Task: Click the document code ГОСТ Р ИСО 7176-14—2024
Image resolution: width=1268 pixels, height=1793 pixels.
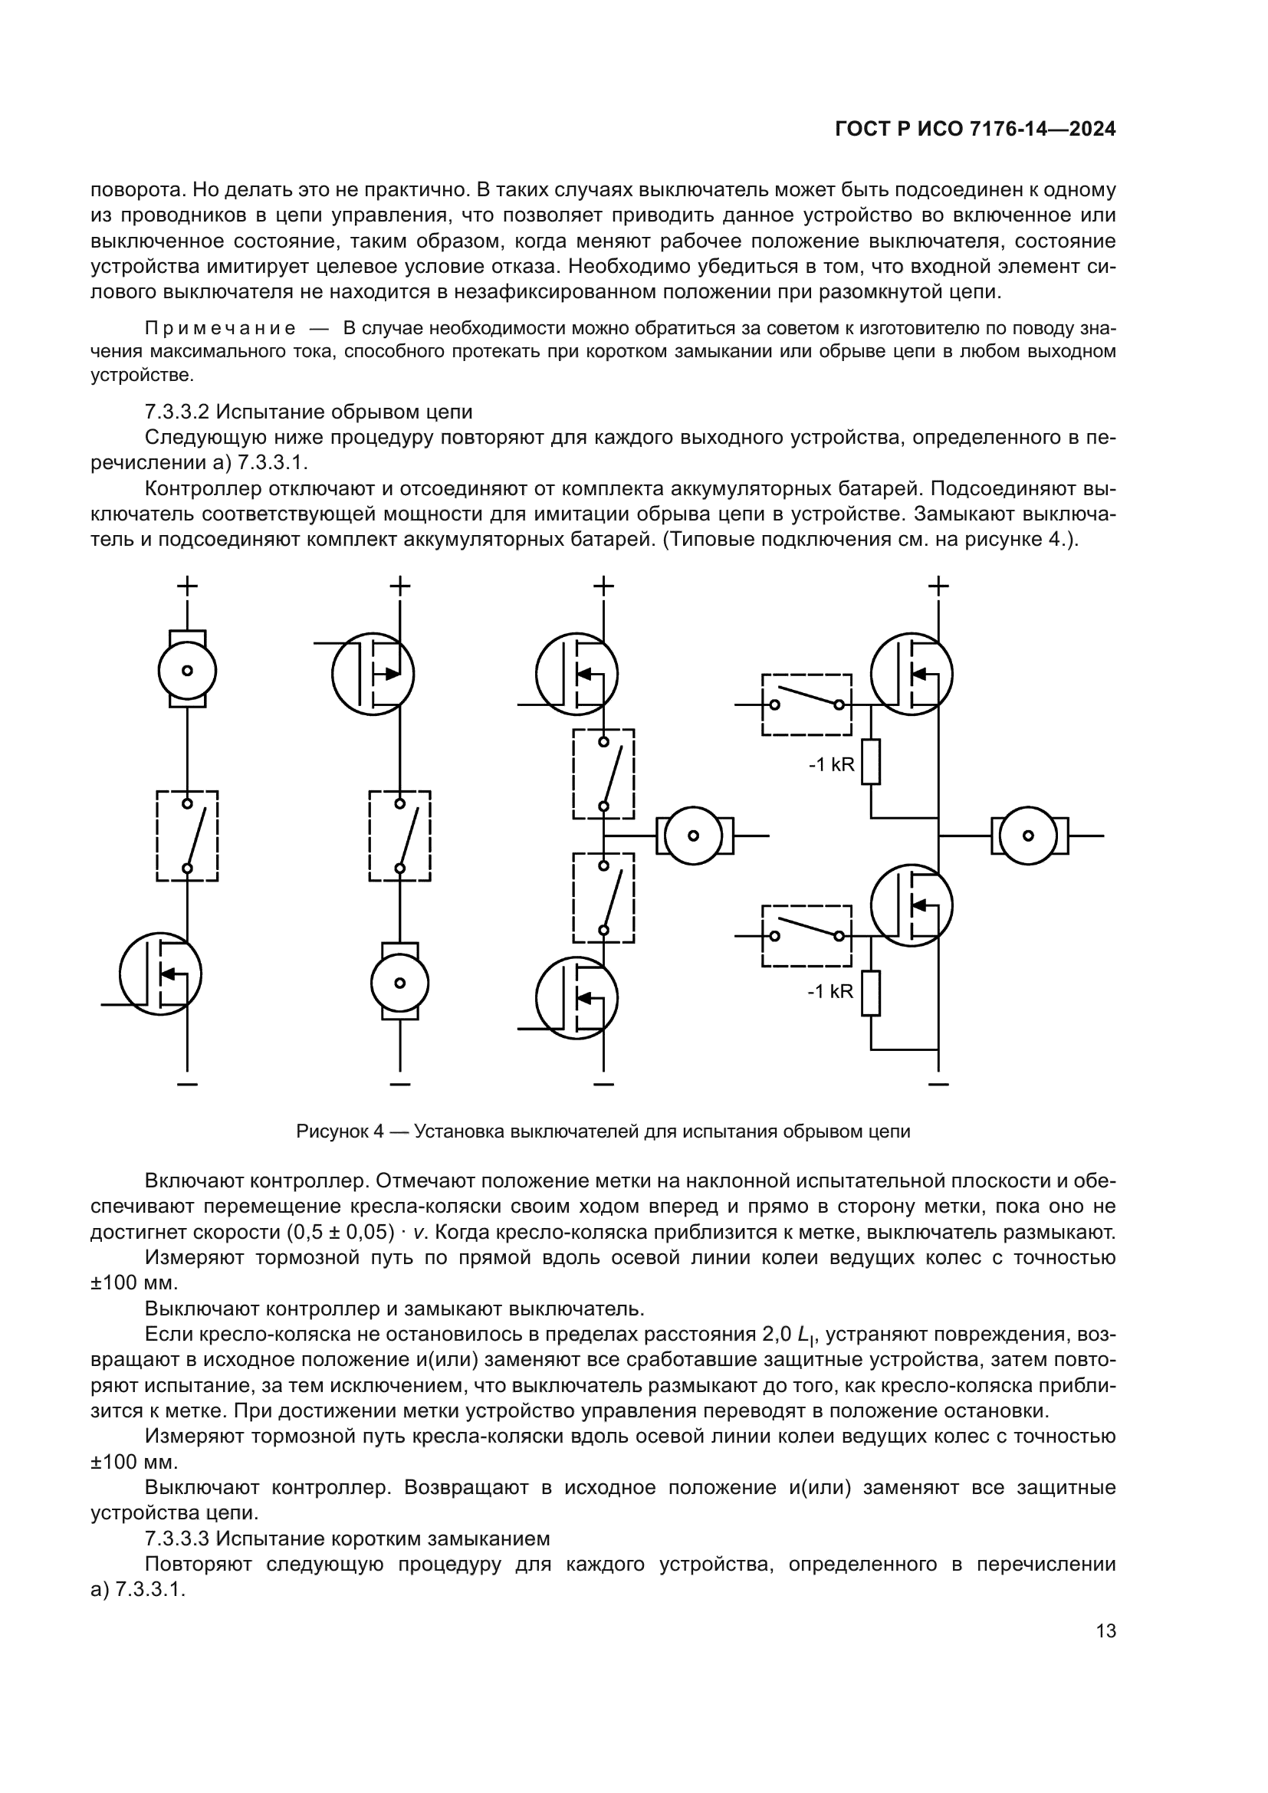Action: point(975,130)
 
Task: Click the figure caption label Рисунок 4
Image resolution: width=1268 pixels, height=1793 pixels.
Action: point(340,1131)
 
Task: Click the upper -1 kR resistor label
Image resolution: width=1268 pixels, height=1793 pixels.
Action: point(832,764)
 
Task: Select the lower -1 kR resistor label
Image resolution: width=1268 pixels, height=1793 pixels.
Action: point(830,992)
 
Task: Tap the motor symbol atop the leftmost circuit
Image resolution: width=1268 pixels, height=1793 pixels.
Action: point(187,669)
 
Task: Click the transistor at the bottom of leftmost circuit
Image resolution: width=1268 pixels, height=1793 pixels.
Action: point(161,974)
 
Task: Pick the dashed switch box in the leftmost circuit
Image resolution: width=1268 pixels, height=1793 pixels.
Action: point(187,836)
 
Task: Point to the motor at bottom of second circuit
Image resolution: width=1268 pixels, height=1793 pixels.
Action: point(399,982)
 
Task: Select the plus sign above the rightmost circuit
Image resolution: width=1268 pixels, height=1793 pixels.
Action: point(938,585)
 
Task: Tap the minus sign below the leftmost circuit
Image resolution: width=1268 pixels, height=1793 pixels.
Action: point(187,1085)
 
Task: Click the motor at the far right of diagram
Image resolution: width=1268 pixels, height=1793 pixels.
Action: point(1028,836)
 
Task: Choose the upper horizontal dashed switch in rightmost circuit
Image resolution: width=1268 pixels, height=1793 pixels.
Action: point(806,704)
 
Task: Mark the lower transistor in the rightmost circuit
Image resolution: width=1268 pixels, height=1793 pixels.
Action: point(912,905)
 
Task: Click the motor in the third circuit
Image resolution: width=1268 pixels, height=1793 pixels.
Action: point(693,836)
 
